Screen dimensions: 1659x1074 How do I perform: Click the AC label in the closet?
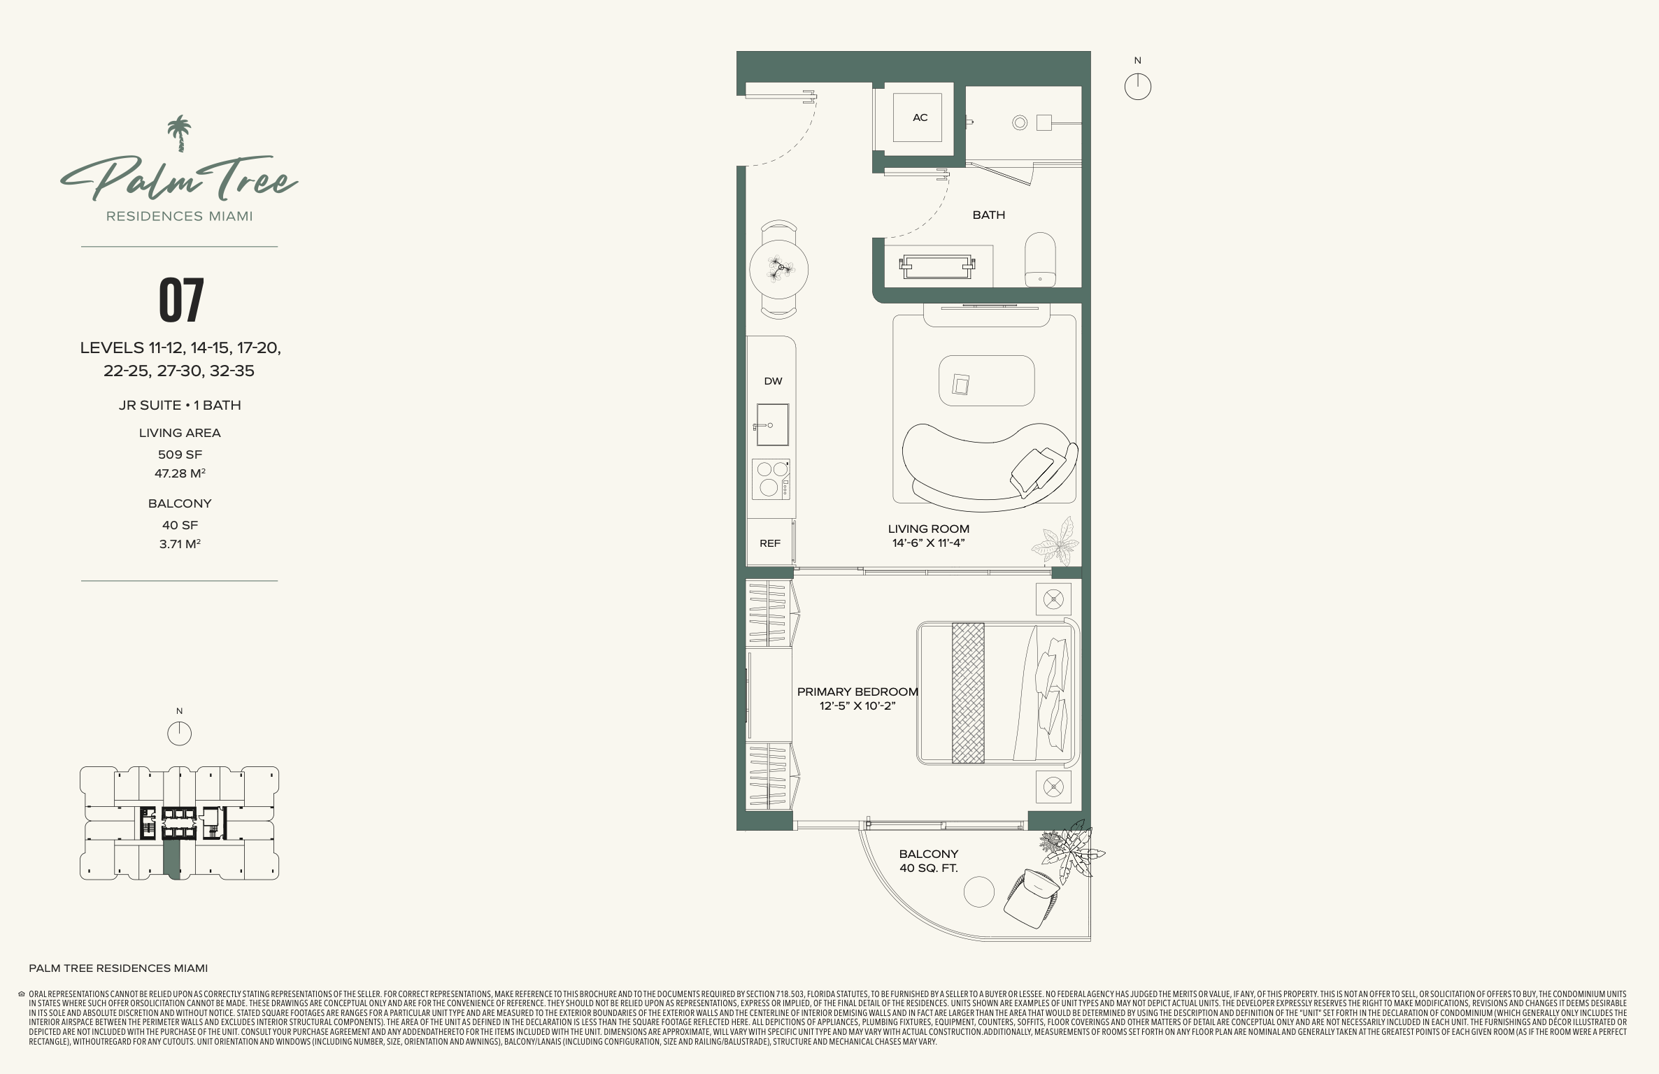[x=920, y=117]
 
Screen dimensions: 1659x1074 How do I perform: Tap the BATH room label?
[x=988, y=215]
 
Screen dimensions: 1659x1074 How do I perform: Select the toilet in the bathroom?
[x=1040, y=259]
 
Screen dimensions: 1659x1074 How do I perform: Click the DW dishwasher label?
[x=773, y=381]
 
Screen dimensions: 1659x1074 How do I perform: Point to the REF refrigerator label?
[x=769, y=543]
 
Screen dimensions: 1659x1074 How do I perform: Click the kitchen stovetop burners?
[x=771, y=479]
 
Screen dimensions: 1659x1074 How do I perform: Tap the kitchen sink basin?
[x=771, y=424]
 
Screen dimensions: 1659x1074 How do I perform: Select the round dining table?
[x=778, y=269]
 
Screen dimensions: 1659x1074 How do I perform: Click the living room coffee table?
[x=986, y=380]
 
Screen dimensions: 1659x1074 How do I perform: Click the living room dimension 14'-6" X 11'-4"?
[x=928, y=543]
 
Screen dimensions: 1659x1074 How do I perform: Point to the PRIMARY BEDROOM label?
[x=857, y=692]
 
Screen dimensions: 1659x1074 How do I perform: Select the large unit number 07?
[x=181, y=300]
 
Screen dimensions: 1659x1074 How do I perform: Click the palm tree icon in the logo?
[x=180, y=134]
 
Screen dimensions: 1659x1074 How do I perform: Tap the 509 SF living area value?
[x=180, y=454]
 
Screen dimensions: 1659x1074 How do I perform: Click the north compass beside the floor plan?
[x=1137, y=87]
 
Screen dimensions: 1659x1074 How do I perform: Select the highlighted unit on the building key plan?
[x=172, y=859]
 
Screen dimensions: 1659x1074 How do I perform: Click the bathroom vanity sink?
[x=937, y=266]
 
